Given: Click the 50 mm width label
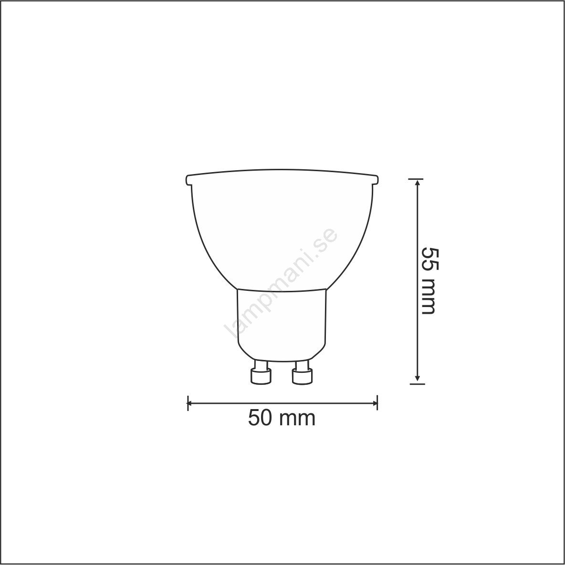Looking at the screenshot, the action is click(282, 418).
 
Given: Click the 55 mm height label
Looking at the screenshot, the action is click(429, 281).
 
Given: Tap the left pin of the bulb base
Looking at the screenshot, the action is click(261, 372).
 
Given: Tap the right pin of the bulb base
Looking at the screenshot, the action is click(302, 372).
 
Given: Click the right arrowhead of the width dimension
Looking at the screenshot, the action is click(374, 402).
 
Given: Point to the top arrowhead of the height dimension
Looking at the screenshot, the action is click(417, 183).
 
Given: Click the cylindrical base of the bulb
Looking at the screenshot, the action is click(282, 324).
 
